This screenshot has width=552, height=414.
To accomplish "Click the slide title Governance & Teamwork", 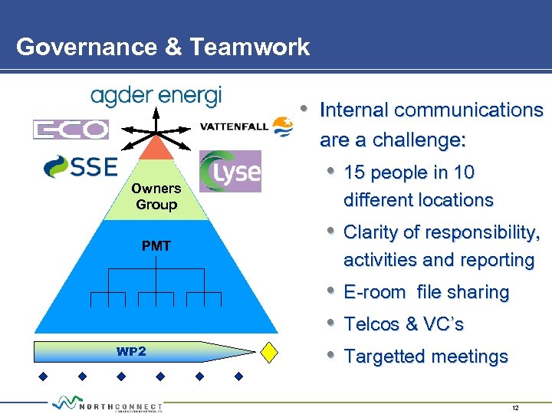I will click(x=163, y=47).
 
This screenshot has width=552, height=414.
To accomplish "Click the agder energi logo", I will click(x=156, y=96).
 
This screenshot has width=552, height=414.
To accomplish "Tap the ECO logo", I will click(x=71, y=129).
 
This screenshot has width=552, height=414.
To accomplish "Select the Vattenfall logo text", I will click(x=234, y=127).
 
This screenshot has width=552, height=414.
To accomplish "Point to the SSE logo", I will click(x=80, y=166).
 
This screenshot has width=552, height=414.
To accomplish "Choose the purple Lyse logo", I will click(x=230, y=171).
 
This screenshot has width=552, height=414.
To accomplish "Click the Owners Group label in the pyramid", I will click(x=156, y=196).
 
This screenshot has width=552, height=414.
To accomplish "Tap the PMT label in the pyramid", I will click(x=156, y=246).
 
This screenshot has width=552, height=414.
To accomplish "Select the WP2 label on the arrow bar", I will click(x=131, y=352).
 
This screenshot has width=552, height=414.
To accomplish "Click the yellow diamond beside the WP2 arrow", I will click(x=269, y=351).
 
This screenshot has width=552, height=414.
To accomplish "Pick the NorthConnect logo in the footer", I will click(x=107, y=404).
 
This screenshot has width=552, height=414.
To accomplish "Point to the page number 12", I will click(x=514, y=408).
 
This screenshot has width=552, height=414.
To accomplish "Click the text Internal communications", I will click(x=431, y=110).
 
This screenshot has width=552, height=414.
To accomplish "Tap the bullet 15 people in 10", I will click(x=409, y=172).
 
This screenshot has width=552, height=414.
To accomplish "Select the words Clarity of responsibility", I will click(x=442, y=232).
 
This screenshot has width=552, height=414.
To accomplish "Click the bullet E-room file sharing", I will click(x=426, y=292).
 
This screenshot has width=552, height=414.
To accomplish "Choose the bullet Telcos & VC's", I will click(x=404, y=324).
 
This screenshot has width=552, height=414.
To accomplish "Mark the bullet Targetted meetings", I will click(x=426, y=356).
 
